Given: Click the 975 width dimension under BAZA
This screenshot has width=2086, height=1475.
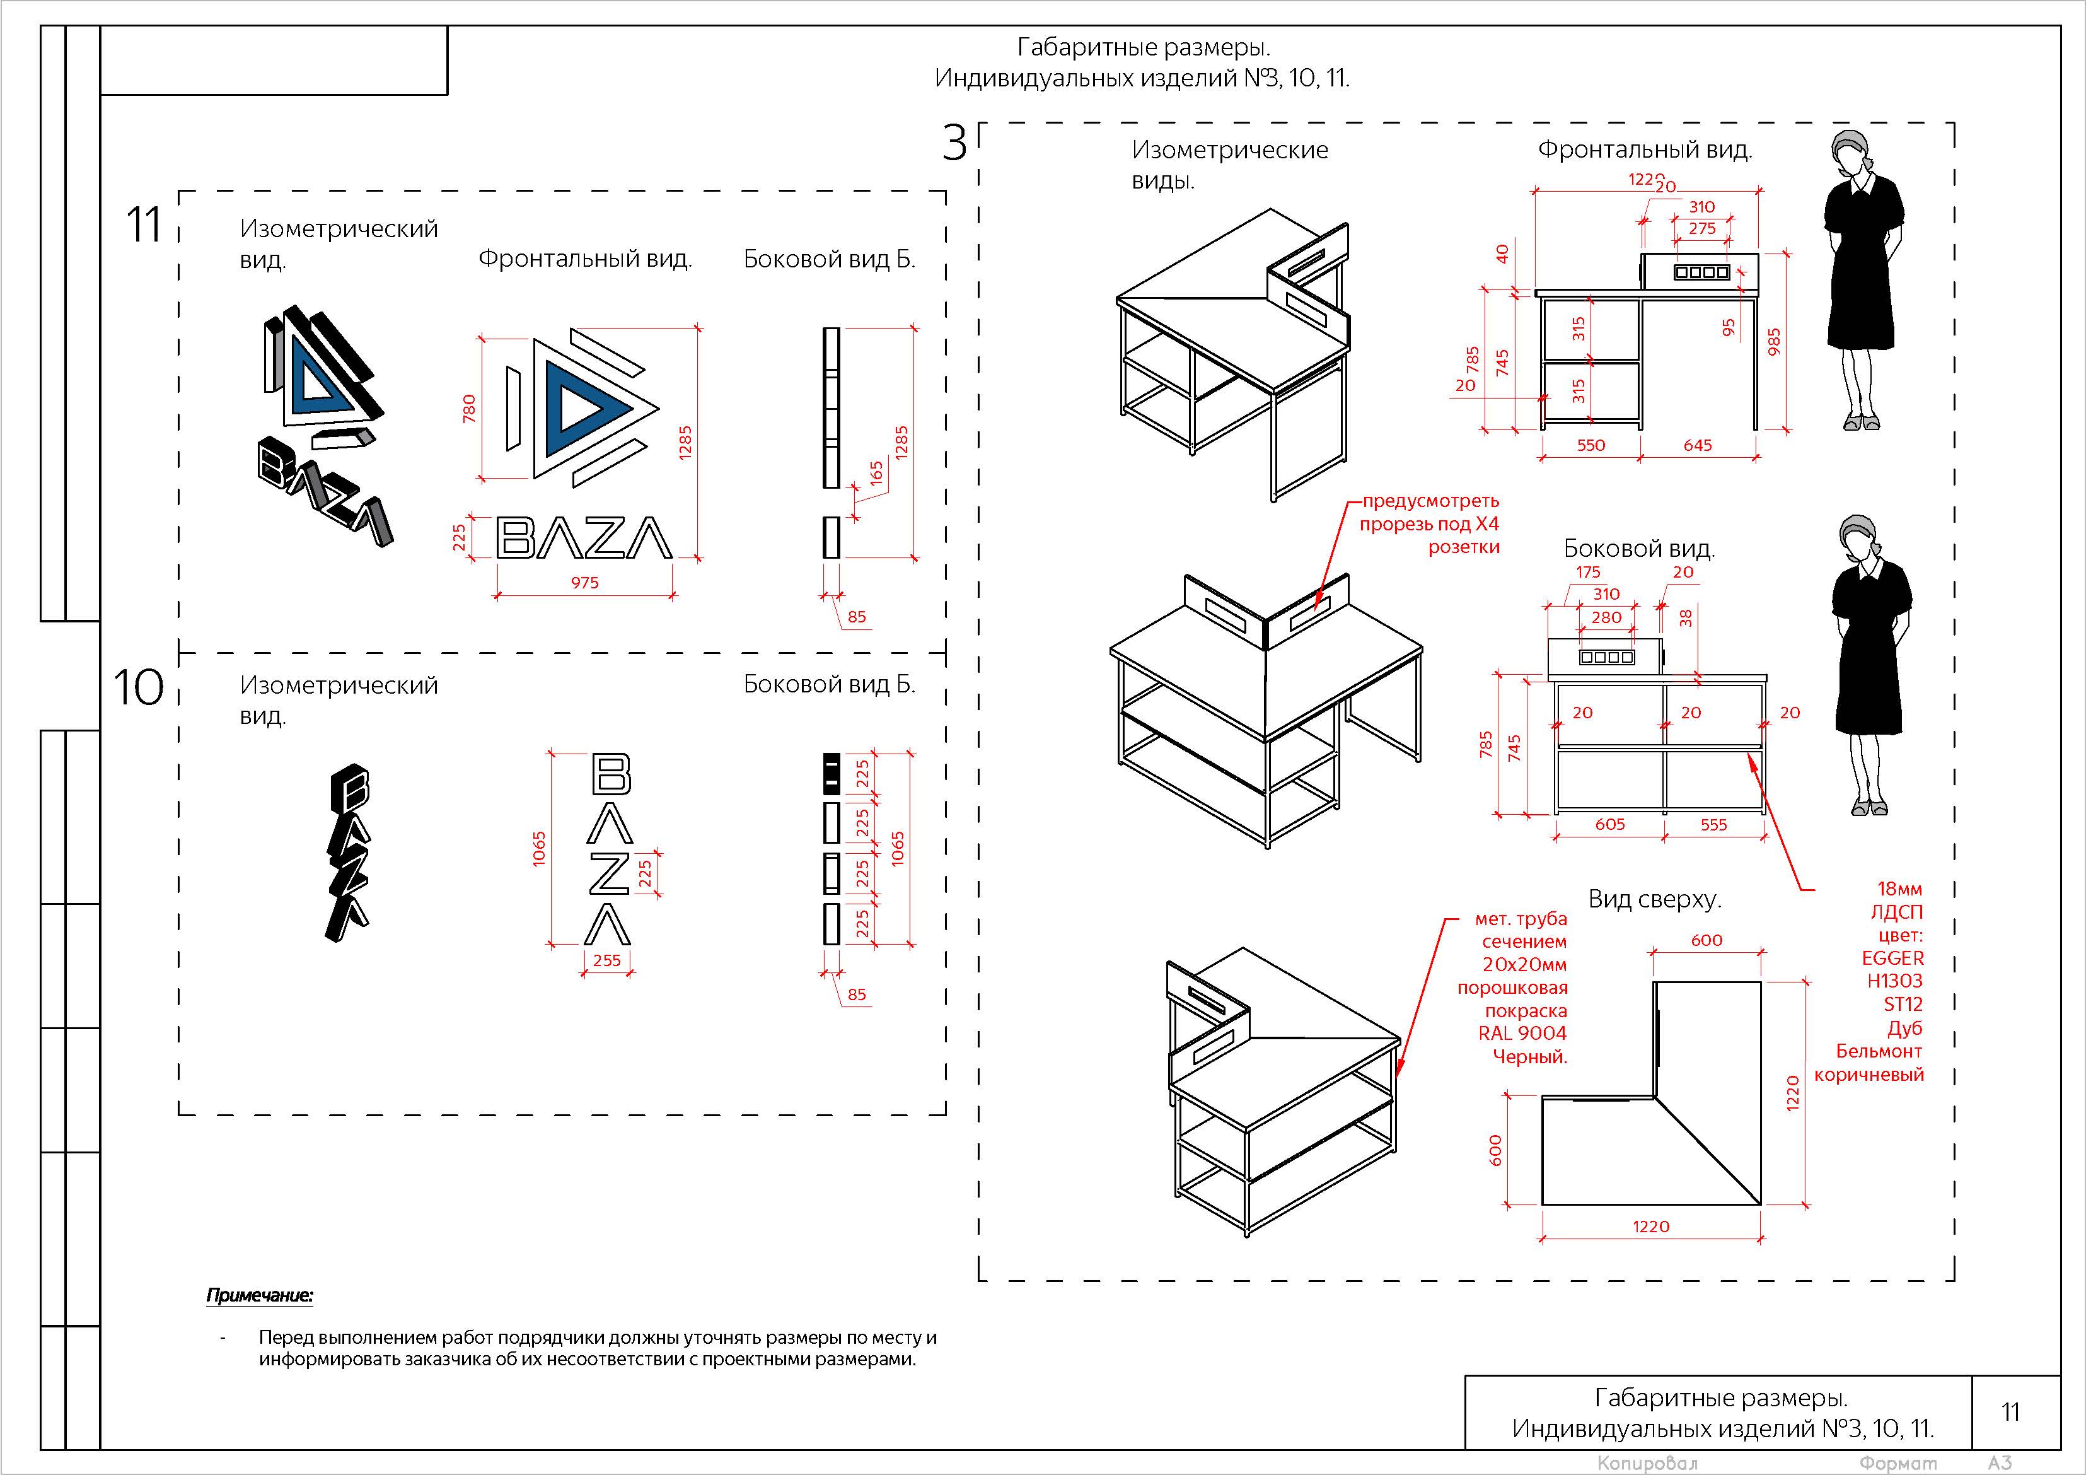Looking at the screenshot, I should (584, 583).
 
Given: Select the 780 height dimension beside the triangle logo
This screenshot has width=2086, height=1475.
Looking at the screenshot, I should (469, 407).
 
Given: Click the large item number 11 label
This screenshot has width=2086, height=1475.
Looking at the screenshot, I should (144, 224).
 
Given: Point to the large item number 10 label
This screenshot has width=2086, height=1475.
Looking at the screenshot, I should (138, 687).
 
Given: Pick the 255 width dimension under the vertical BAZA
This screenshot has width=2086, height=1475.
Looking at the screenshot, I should (607, 960).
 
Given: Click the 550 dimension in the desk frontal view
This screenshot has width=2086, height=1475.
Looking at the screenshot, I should (1591, 445).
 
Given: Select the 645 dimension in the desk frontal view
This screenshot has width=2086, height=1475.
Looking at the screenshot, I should (1697, 445).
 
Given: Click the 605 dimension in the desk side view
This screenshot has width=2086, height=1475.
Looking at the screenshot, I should (1610, 824).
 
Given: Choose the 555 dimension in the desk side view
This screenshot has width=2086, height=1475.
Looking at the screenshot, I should (1713, 824).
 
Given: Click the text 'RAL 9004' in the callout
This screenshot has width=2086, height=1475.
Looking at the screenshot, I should (1522, 1034).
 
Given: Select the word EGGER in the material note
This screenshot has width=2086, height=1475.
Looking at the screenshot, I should (1892, 958).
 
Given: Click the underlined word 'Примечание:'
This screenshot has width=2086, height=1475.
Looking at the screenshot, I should (260, 1295).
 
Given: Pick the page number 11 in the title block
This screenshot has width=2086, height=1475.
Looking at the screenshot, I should (2010, 1411).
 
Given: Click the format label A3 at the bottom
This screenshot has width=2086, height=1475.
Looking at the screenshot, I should (2000, 1463).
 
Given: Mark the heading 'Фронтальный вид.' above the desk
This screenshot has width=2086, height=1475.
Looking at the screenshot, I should (1645, 150).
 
